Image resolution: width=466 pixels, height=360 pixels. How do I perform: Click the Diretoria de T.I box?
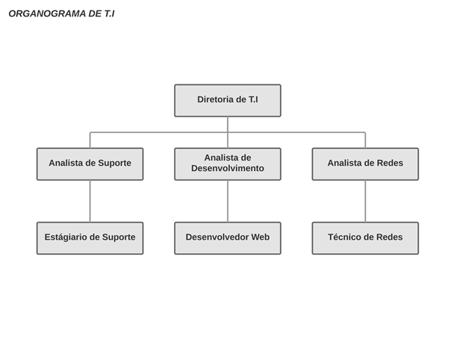pyautogui.click(x=228, y=101)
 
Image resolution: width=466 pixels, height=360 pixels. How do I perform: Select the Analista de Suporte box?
pyautogui.click(x=90, y=164)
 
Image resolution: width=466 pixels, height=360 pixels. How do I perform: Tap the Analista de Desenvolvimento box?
pyautogui.click(x=228, y=164)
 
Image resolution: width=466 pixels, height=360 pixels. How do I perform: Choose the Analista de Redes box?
pyautogui.click(x=365, y=164)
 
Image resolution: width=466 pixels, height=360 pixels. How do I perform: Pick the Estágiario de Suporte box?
pyautogui.click(x=90, y=238)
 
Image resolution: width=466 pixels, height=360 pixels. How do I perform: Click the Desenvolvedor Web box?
pyautogui.click(x=228, y=238)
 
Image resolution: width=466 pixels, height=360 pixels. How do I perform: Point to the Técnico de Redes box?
pyautogui.click(x=365, y=238)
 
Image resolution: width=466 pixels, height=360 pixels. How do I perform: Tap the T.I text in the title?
pyautogui.click(x=109, y=13)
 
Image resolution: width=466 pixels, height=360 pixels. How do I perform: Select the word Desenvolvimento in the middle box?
pyautogui.click(x=228, y=168)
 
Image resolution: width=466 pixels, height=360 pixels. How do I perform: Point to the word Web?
pyautogui.click(x=261, y=237)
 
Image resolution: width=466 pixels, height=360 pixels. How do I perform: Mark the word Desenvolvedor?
pyautogui.click(x=217, y=237)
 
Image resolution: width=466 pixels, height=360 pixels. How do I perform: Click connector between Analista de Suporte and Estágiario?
pyautogui.click(x=90, y=201)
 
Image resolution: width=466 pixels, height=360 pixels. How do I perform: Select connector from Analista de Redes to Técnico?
pyautogui.click(x=365, y=201)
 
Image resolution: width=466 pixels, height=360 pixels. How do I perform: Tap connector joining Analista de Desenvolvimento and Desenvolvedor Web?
pyautogui.click(x=228, y=201)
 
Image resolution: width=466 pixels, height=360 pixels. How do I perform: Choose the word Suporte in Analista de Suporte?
pyautogui.click(x=115, y=164)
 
